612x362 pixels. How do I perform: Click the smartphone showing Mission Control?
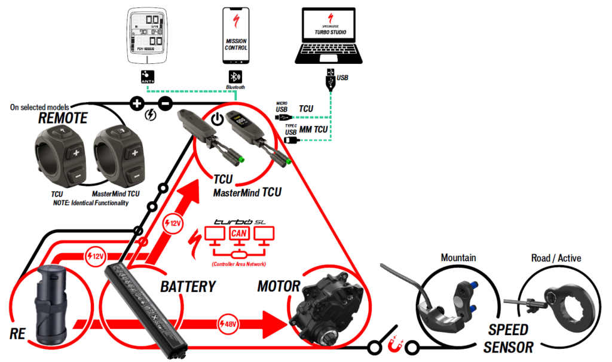pyautogui.click(x=236, y=36)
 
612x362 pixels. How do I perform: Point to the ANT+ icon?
pyautogui.click(x=146, y=77)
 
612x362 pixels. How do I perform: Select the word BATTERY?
pyautogui.click(x=188, y=287)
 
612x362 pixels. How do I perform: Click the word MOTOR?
pyautogui.click(x=278, y=287)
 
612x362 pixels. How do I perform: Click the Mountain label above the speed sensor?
pyautogui.click(x=458, y=258)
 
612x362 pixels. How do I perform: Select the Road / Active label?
pyautogui.click(x=556, y=258)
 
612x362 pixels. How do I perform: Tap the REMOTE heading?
pyautogui.click(x=63, y=118)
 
